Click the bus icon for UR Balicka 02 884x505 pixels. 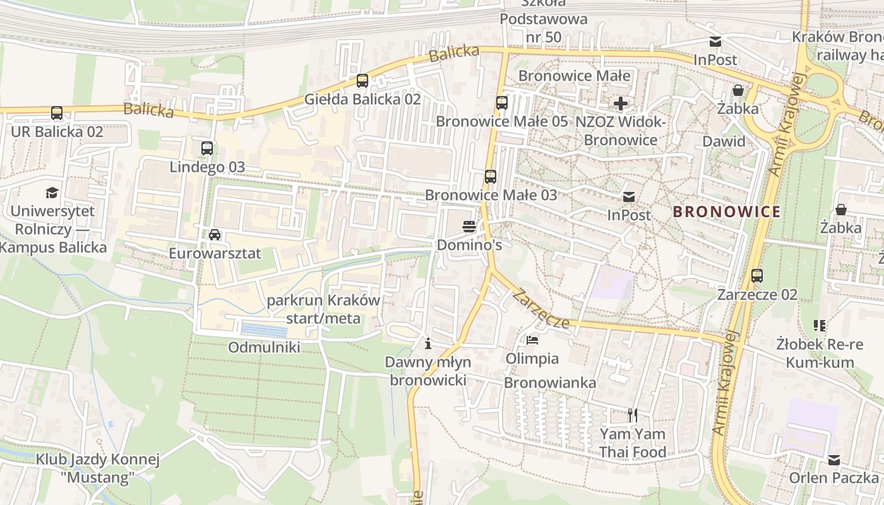click(57, 113)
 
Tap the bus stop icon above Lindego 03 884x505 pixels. click(207, 148)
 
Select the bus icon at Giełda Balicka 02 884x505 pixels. click(362, 81)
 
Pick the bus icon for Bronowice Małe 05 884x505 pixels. click(502, 102)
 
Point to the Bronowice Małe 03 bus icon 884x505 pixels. click(491, 177)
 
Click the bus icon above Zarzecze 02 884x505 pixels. click(757, 276)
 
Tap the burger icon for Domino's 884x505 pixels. click(469, 226)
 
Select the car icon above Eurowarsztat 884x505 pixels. click(215, 235)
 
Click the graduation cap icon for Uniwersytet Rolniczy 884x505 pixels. click(52, 193)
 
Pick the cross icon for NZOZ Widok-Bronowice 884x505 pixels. click(621, 104)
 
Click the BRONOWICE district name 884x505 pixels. click(726, 211)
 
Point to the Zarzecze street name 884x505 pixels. click(542, 309)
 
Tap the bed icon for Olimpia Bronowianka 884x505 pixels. click(532, 340)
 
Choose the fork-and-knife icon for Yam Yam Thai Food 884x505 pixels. click(633, 415)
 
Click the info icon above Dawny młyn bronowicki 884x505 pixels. click(428, 344)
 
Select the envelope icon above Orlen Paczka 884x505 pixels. click(834, 460)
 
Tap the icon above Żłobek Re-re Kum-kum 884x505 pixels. click(820, 326)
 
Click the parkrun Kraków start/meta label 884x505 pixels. click(323, 309)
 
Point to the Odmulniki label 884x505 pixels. click(264, 347)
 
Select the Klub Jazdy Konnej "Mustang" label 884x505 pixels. click(98, 468)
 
